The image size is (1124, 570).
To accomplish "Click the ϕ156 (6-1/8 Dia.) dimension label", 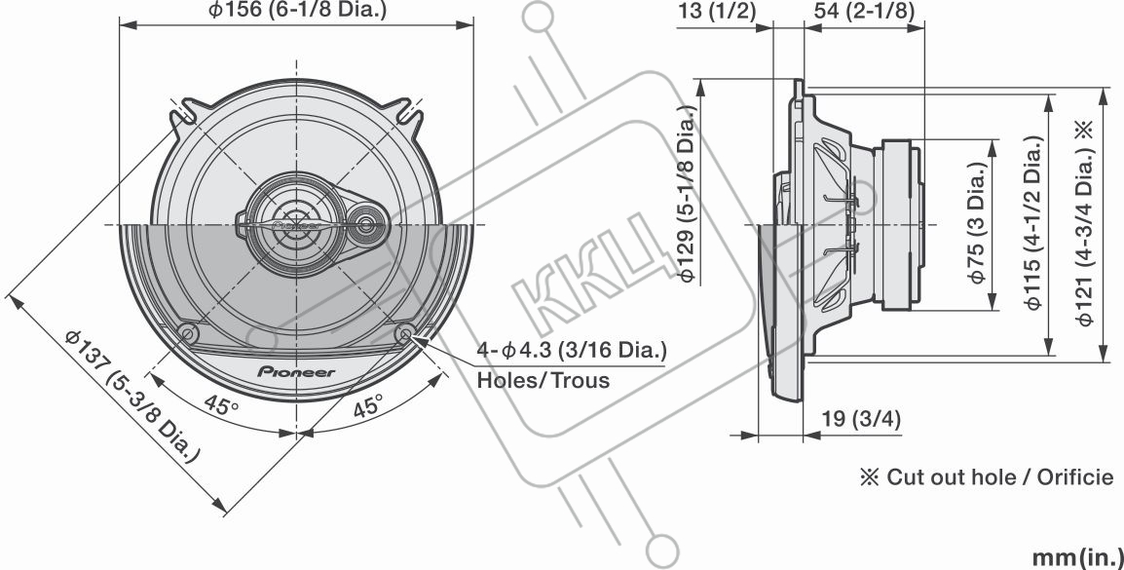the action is pos(297,11).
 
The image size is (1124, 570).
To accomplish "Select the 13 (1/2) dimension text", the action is pos(716,12).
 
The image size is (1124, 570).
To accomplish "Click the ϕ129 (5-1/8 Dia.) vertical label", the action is pos(688,194).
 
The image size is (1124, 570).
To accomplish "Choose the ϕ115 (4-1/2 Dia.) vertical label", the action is pos(1033,222).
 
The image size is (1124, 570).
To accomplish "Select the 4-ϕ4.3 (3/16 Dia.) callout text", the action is pos(572,351).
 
